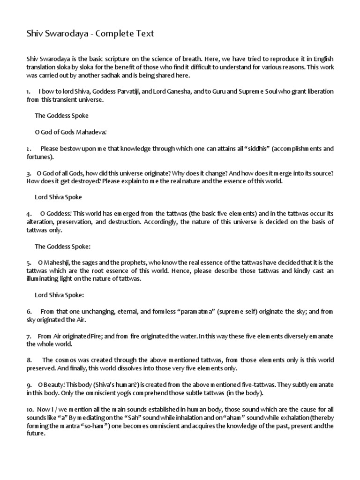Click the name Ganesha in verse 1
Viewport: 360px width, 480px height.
(177, 92)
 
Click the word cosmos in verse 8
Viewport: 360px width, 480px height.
(67, 360)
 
